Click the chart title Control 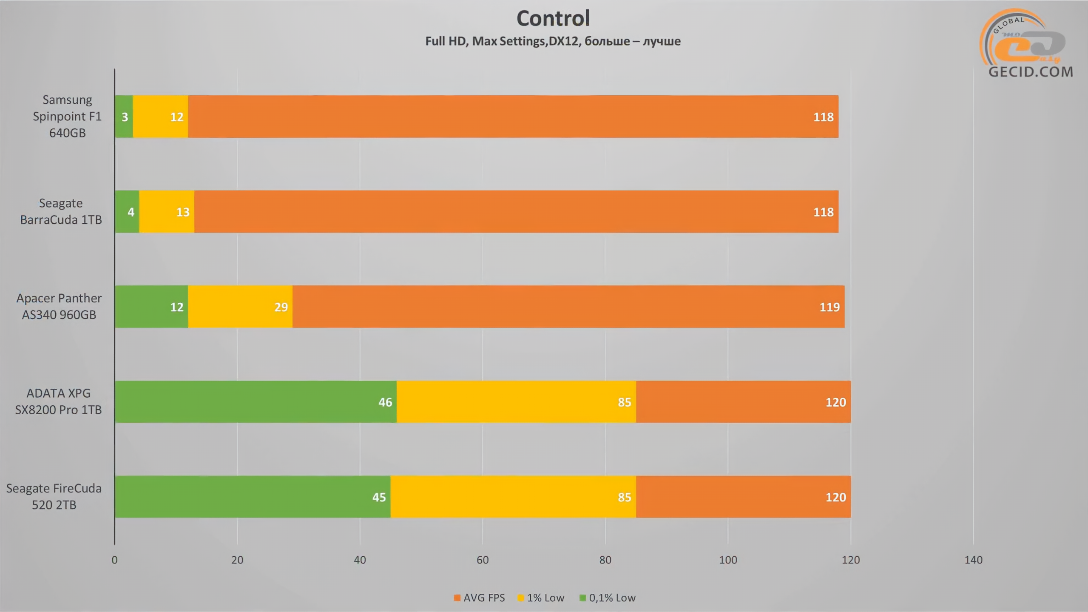tap(553, 18)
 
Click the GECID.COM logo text tap(1030, 71)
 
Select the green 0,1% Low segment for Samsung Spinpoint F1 tap(124, 117)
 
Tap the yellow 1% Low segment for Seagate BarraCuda tap(167, 212)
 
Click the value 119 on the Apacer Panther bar tap(829, 307)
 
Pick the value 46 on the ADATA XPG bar tap(385, 402)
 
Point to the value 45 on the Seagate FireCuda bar tap(378, 497)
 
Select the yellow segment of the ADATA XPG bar tap(516, 402)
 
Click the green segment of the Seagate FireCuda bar tap(252, 497)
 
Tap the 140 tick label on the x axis tap(973, 560)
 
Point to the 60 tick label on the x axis tap(482, 560)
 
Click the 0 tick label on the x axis tap(114, 560)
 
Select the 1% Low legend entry tap(541, 598)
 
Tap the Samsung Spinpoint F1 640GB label tap(67, 117)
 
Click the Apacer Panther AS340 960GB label tap(59, 307)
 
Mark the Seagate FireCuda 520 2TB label tap(54, 497)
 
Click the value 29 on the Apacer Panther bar tap(281, 307)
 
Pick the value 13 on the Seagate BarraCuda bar tap(182, 212)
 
